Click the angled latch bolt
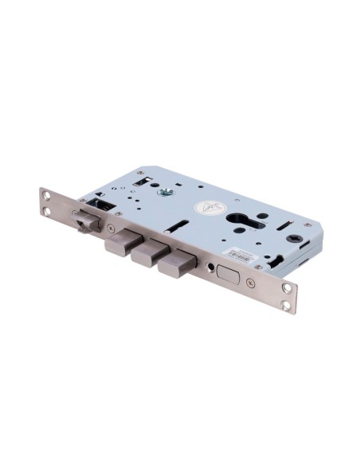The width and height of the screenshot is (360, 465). click(x=85, y=222)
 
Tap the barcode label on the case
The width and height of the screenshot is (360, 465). click(x=241, y=254)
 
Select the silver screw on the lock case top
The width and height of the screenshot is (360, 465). click(x=166, y=190)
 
